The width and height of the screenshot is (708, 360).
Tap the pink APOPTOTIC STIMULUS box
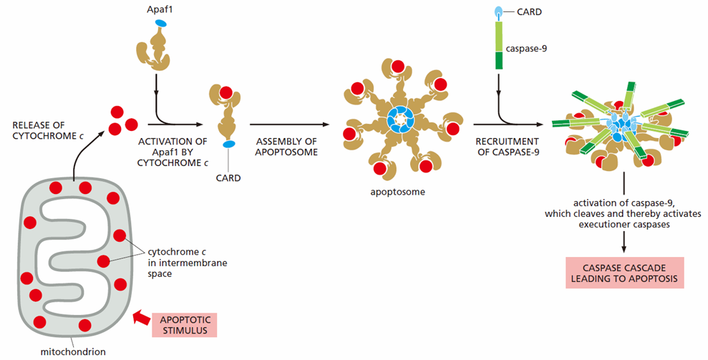pos(185,325)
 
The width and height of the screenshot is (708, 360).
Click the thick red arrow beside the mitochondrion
pos(141,318)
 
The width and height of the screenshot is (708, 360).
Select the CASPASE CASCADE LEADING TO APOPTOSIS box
pos(624,273)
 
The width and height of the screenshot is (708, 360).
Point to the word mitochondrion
pos(73,351)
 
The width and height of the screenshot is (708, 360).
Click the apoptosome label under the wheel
pos(398,192)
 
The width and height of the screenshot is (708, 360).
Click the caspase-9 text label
pos(526,49)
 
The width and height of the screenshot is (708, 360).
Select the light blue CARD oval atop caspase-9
pos(498,11)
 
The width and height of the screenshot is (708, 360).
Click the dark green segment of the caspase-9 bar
pos(499,61)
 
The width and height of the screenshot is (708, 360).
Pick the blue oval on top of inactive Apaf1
pos(161,23)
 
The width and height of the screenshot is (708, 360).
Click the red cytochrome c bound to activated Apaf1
pos(226,93)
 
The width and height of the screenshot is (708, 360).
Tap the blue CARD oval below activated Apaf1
pos(229,145)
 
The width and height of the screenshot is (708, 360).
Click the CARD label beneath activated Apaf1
pos(228,178)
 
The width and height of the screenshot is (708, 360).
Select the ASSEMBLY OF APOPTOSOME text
pos(286,147)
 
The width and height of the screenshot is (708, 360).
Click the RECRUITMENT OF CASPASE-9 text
pos(508,147)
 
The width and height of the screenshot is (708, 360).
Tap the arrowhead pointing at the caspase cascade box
pos(624,248)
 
